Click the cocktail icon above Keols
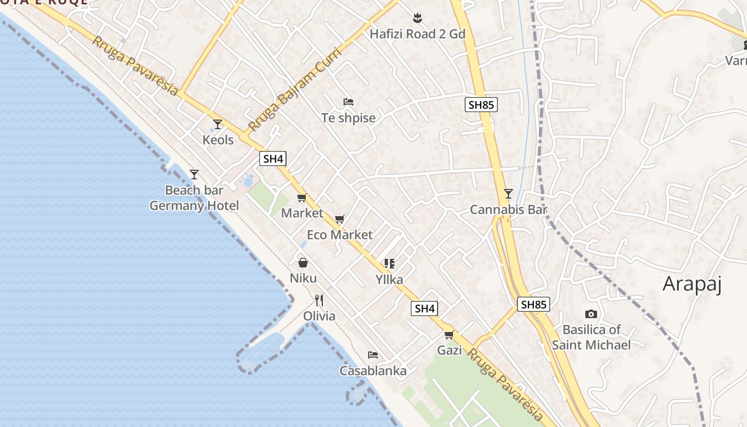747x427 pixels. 217,124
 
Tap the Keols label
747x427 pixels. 218,140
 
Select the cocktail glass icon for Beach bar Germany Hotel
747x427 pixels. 194,175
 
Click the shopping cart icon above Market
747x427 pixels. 301,198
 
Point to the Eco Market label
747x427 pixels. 339,235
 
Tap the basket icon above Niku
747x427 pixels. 303,263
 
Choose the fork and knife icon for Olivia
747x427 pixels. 319,301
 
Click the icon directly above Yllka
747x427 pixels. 390,264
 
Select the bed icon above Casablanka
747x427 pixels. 373,355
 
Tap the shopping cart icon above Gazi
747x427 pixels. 449,335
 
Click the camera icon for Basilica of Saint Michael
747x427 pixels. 591,314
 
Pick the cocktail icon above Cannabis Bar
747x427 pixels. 508,194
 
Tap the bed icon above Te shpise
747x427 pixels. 348,102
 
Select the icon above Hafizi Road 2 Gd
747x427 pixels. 418,19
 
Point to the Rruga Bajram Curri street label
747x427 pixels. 290,96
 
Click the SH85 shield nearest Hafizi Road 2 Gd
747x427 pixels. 480,105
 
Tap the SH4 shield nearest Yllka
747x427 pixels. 425,308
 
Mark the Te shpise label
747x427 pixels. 348,118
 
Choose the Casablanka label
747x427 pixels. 373,370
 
